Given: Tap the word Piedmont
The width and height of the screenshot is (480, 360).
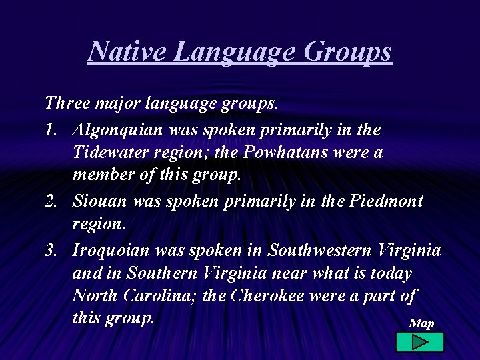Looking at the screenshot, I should click(386, 201).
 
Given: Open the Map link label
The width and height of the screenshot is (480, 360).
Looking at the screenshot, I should click(421, 323).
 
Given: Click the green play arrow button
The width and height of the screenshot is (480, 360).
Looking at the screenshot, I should click(419, 342).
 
